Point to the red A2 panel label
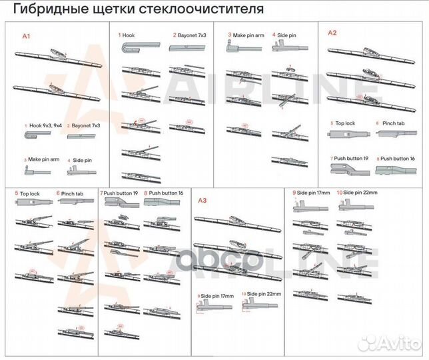tap(332, 33)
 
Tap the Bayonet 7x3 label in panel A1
tap(85, 125)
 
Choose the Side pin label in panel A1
tap(82, 160)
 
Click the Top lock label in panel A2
tap(344, 124)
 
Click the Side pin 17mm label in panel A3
tap(217, 295)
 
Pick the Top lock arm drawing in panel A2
tap(348, 136)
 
